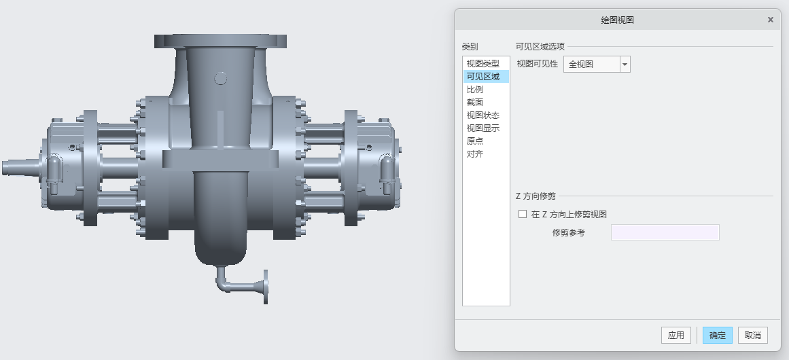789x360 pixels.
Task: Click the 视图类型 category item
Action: [483, 63]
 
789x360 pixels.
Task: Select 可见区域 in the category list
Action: [483, 76]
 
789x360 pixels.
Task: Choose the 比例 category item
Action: [475, 89]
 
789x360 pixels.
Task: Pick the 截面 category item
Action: [475, 102]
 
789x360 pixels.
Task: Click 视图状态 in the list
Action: [483, 115]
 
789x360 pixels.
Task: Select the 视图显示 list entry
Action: [483, 128]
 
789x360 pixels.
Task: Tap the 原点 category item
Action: [475, 141]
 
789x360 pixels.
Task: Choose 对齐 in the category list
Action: [475, 154]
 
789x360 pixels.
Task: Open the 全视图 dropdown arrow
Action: [625, 65]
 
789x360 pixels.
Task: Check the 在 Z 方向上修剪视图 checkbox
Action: [523, 214]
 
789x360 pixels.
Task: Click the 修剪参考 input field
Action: [665, 232]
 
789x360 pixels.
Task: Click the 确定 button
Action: [717, 335]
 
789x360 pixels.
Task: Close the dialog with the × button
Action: [770, 20]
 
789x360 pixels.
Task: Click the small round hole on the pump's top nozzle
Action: [220, 78]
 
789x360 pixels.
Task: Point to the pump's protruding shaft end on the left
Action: [17, 167]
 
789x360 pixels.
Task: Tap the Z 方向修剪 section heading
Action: [536, 196]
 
